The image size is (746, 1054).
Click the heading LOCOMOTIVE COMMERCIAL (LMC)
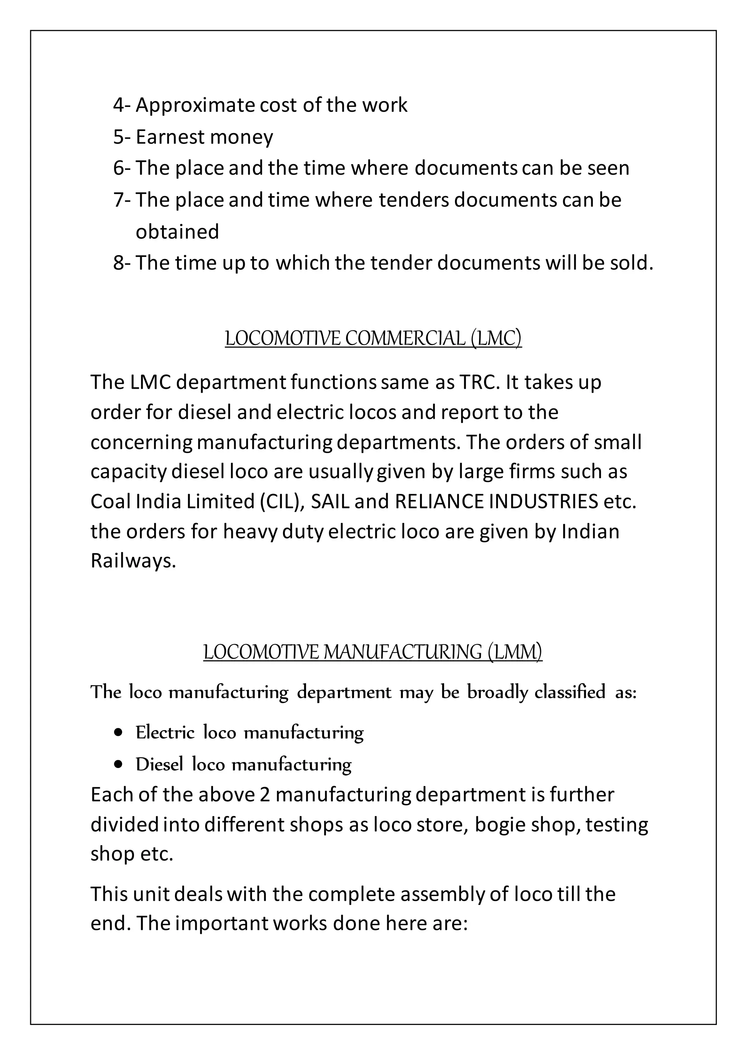(x=373, y=338)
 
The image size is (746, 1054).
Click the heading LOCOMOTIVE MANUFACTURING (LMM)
(x=373, y=652)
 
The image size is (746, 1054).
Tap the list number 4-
(x=122, y=105)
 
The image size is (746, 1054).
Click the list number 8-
(x=122, y=263)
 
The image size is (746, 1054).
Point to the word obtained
(x=177, y=232)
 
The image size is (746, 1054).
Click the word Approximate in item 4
(x=195, y=105)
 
